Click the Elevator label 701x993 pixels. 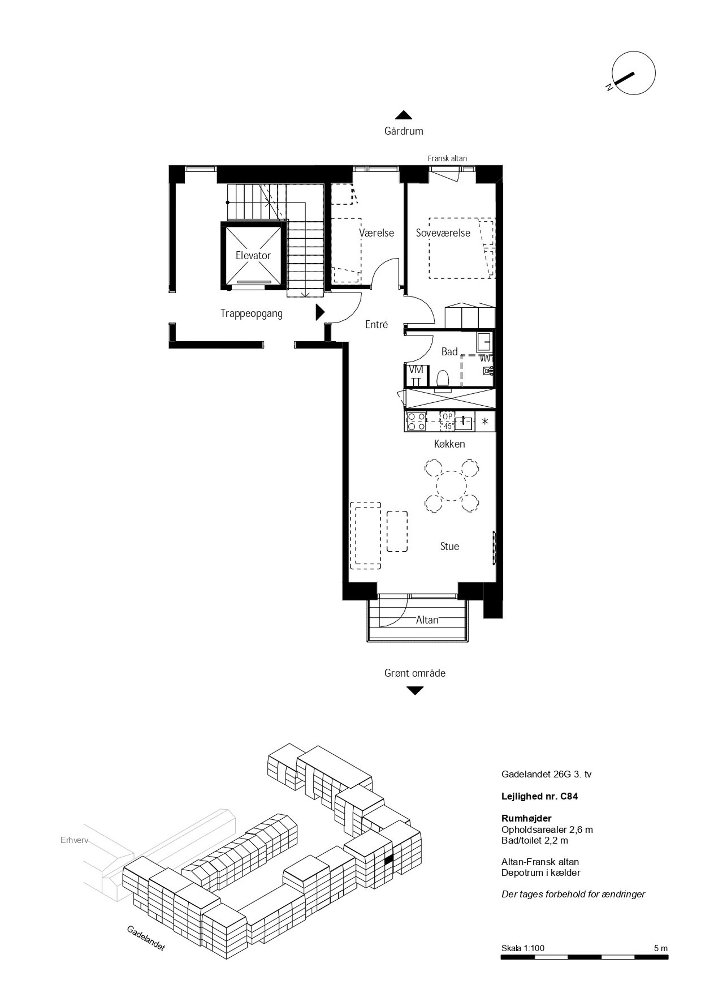[x=253, y=256]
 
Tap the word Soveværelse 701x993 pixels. [x=443, y=233]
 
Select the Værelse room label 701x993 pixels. [x=376, y=233]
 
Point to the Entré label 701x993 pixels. [x=376, y=324]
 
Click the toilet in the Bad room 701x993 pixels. [x=443, y=379]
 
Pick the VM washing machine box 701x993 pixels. [x=416, y=376]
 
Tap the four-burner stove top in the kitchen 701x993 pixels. [x=416, y=422]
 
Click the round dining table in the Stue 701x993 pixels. [x=452, y=486]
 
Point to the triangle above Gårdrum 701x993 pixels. [x=403, y=115]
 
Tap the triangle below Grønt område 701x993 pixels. [x=415, y=691]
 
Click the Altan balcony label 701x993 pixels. [x=427, y=620]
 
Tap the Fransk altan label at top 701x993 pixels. [x=447, y=159]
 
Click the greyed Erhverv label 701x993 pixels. [x=74, y=841]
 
